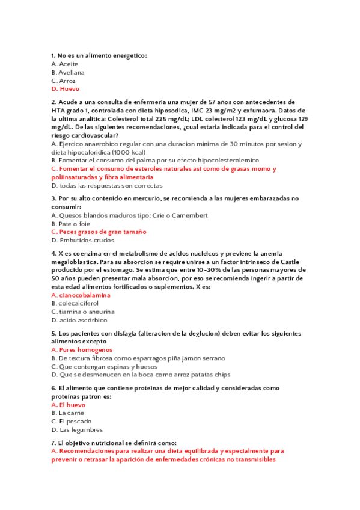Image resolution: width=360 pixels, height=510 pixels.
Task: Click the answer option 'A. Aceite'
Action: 65,64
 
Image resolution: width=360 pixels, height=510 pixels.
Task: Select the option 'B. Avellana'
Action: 68,72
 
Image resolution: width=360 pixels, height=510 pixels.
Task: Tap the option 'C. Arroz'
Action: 64,81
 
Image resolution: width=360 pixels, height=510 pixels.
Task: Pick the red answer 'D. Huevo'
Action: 66,89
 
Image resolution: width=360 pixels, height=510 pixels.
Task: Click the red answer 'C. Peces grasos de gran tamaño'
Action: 99,232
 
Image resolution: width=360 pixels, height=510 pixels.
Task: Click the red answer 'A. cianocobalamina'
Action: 81,295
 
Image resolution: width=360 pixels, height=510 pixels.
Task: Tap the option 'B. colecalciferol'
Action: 75,304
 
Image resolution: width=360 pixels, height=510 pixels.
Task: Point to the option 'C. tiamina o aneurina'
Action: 83,312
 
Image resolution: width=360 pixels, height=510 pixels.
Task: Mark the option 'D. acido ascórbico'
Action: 79,321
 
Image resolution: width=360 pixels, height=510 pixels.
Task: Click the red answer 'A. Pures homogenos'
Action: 82,349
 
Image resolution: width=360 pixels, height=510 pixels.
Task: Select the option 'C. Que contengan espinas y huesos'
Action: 105,366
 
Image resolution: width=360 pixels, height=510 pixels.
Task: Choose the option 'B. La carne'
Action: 68,413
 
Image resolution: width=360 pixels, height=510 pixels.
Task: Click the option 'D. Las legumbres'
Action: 77,430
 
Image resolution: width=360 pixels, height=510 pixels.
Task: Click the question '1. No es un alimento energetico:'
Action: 99,55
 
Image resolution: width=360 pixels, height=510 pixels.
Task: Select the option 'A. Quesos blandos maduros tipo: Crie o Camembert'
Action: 130,215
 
